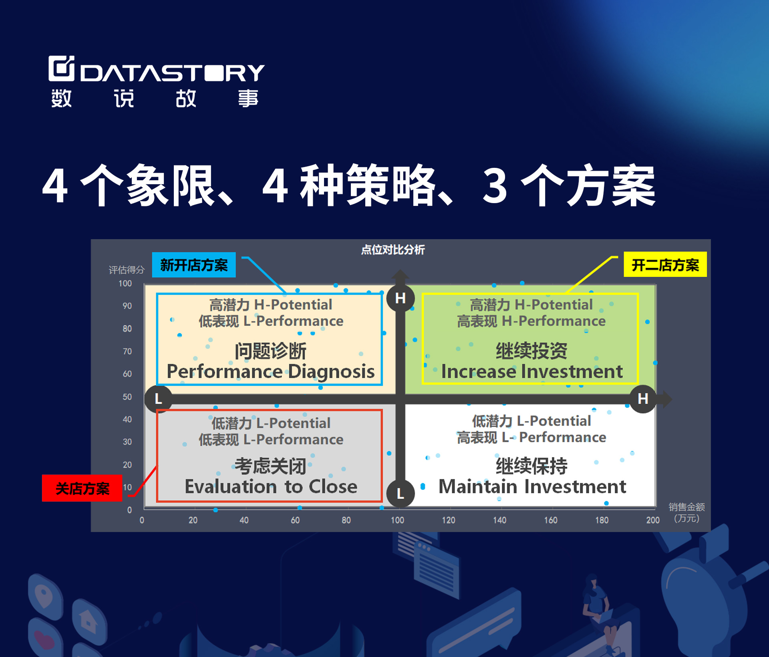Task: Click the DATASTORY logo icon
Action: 61,68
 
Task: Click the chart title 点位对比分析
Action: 393,250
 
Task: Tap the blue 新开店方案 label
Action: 194,265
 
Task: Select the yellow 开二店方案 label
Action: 665,264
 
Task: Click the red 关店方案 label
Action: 82,488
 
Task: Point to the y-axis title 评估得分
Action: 127,270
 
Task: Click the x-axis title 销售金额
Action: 686,507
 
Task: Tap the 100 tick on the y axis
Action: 125,283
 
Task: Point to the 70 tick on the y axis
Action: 127,351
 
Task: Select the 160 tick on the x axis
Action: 550,520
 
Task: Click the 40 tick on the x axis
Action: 244,520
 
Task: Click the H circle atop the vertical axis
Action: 400,298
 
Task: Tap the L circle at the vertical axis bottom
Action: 400,493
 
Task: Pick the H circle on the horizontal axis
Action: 643,399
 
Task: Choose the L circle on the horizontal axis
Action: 159,399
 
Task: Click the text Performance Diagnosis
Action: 271,371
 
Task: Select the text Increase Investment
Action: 532,371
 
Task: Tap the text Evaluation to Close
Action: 271,486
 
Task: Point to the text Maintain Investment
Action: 532,486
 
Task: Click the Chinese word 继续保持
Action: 531,466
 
